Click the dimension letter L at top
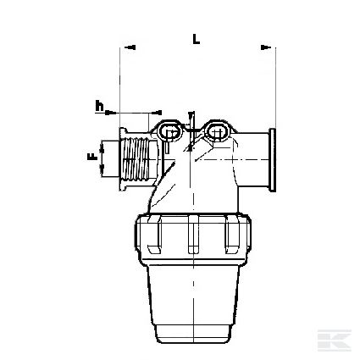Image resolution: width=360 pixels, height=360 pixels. pyautogui.click(x=197, y=39)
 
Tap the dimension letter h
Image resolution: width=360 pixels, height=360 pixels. pyautogui.click(x=99, y=106)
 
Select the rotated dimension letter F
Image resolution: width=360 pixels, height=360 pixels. pyautogui.click(x=92, y=157)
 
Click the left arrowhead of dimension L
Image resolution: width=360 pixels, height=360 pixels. pyautogui.click(x=130, y=47)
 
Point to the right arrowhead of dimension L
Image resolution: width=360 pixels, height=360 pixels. pyautogui.click(x=266, y=47)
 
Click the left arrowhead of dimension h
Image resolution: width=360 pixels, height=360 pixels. pyautogui.click(x=111, y=113)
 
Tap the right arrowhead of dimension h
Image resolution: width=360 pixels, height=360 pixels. pyautogui.click(x=157, y=113)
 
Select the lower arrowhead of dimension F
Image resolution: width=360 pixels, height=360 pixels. pyautogui.click(x=102, y=169)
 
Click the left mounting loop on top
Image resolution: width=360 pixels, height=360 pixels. pyautogui.click(x=169, y=130)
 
